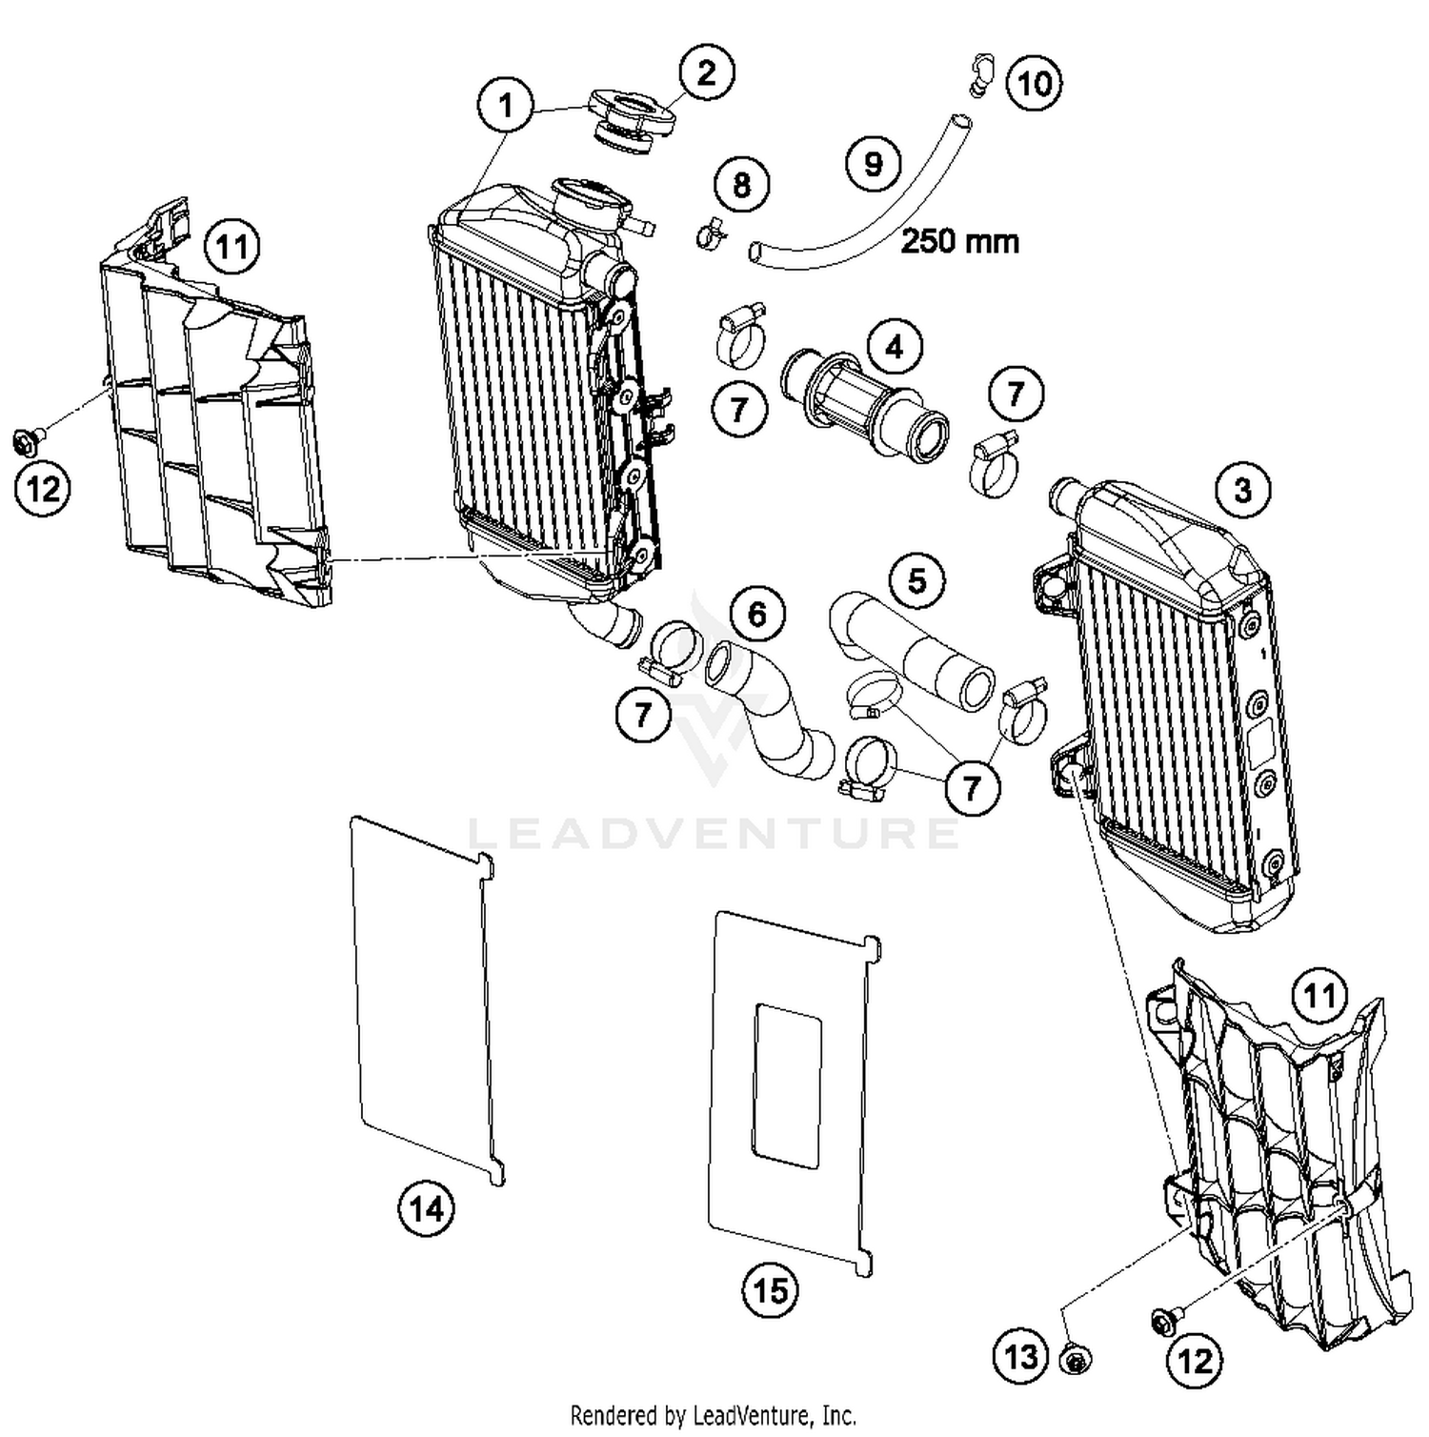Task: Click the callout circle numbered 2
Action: pos(706,72)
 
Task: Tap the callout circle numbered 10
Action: pos(1034,83)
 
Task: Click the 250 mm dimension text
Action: pos(959,241)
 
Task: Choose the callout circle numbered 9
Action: pos(874,164)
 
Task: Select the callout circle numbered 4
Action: pos(894,347)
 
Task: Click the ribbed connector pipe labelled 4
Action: pos(862,400)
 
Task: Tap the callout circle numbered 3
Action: pos(1242,490)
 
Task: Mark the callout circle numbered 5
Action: pos(916,579)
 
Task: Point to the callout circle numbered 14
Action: pos(426,1208)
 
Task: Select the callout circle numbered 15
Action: pos(771,1290)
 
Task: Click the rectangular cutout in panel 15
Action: pos(787,1084)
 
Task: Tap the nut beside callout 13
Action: pos(1076,1360)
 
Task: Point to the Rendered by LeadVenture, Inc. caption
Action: pos(713,1414)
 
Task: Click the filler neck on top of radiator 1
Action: pos(591,199)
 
